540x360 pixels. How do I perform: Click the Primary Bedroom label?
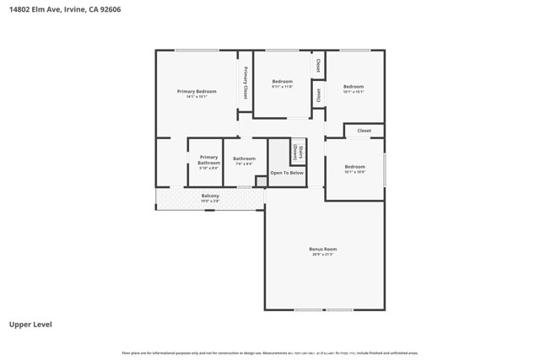click(x=197, y=91)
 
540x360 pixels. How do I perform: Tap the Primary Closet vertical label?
click(x=246, y=83)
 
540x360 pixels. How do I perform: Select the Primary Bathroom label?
click(x=208, y=159)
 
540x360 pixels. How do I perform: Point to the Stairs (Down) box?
click(x=298, y=153)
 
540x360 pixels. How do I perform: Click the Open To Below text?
click(x=287, y=173)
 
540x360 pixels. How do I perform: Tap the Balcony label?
click(x=210, y=196)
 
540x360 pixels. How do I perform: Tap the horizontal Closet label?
click(x=364, y=131)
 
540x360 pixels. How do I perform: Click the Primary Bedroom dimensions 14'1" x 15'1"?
click(x=197, y=97)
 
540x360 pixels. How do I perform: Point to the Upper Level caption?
click(x=30, y=324)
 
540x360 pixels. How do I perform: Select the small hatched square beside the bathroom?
click(x=261, y=181)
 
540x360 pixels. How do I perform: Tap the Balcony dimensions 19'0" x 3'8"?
click(x=210, y=201)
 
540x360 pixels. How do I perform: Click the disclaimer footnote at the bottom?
click(x=270, y=353)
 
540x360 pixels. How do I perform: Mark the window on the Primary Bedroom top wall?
click(x=197, y=50)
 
